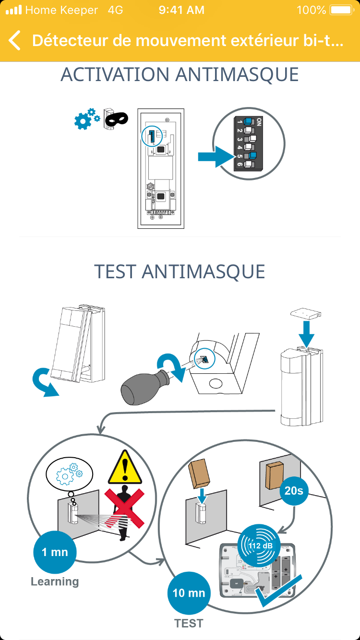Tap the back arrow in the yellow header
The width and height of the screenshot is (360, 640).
click(x=14, y=40)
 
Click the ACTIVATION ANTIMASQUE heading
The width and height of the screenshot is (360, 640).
click(x=180, y=74)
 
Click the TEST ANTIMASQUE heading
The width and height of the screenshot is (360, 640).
click(x=180, y=272)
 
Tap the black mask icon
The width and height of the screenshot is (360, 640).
click(x=116, y=119)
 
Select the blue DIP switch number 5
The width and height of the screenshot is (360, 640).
click(x=252, y=155)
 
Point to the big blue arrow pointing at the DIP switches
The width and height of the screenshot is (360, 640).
click(x=216, y=156)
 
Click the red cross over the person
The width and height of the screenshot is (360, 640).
click(x=124, y=508)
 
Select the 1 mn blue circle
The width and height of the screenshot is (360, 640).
click(x=55, y=552)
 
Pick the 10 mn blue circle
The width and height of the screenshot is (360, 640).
click(x=189, y=593)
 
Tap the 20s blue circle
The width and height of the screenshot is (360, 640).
click(x=294, y=491)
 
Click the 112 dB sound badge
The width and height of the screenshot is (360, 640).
click(x=259, y=545)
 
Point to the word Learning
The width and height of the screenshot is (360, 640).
click(x=55, y=582)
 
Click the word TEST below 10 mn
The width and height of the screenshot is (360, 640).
click(x=189, y=623)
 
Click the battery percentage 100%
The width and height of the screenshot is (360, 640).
click(x=312, y=10)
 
